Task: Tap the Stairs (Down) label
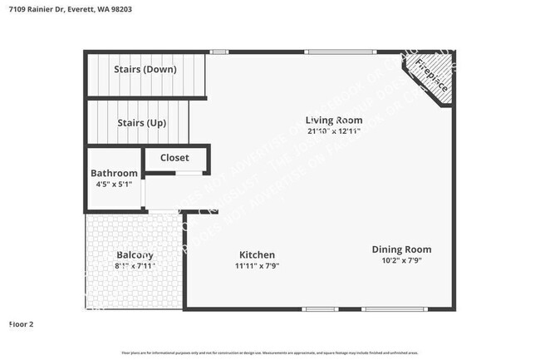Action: tap(148, 69)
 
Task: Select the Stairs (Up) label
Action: tap(141, 122)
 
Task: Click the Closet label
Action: tap(174, 157)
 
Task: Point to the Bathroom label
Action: tap(114, 173)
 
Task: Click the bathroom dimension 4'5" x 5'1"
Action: tap(114, 185)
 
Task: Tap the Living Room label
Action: tap(333, 119)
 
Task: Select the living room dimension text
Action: tap(333, 131)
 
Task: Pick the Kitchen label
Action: tap(257, 254)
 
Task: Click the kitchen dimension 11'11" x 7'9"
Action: tap(257, 266)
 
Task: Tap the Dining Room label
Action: tap(401, 249)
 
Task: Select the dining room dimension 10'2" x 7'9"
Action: tap(401, 260)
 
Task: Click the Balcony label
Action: tap(134, 254)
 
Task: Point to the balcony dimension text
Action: tap(134, 266)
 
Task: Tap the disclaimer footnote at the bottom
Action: tap(270, 353)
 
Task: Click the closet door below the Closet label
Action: tap(188, 173)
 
